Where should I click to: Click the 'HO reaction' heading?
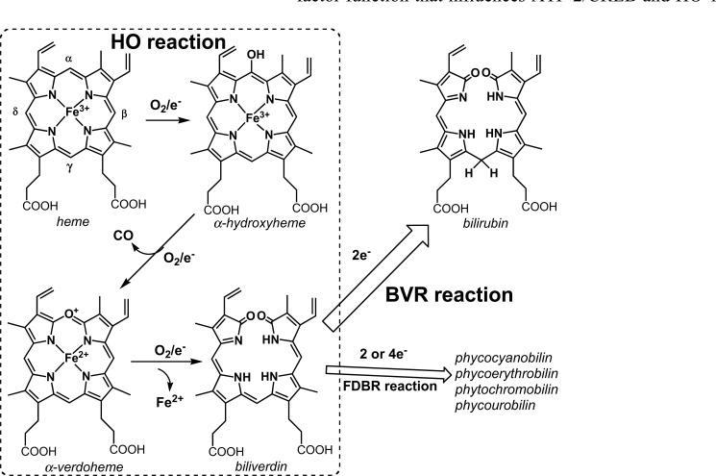pyautogui.click(x=167, y=43)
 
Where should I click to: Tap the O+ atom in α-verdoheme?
pyautogui.click(x=85, y=312)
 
